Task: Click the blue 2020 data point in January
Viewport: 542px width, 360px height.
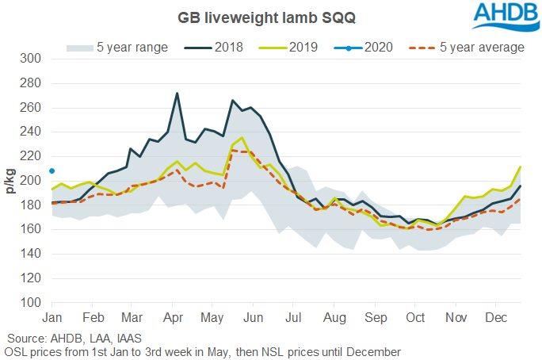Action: (x=52, y=170)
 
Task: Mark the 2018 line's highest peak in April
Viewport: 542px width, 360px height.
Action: (x=177, y=93)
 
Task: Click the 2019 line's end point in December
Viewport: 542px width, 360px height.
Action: (x=521, y=167)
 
